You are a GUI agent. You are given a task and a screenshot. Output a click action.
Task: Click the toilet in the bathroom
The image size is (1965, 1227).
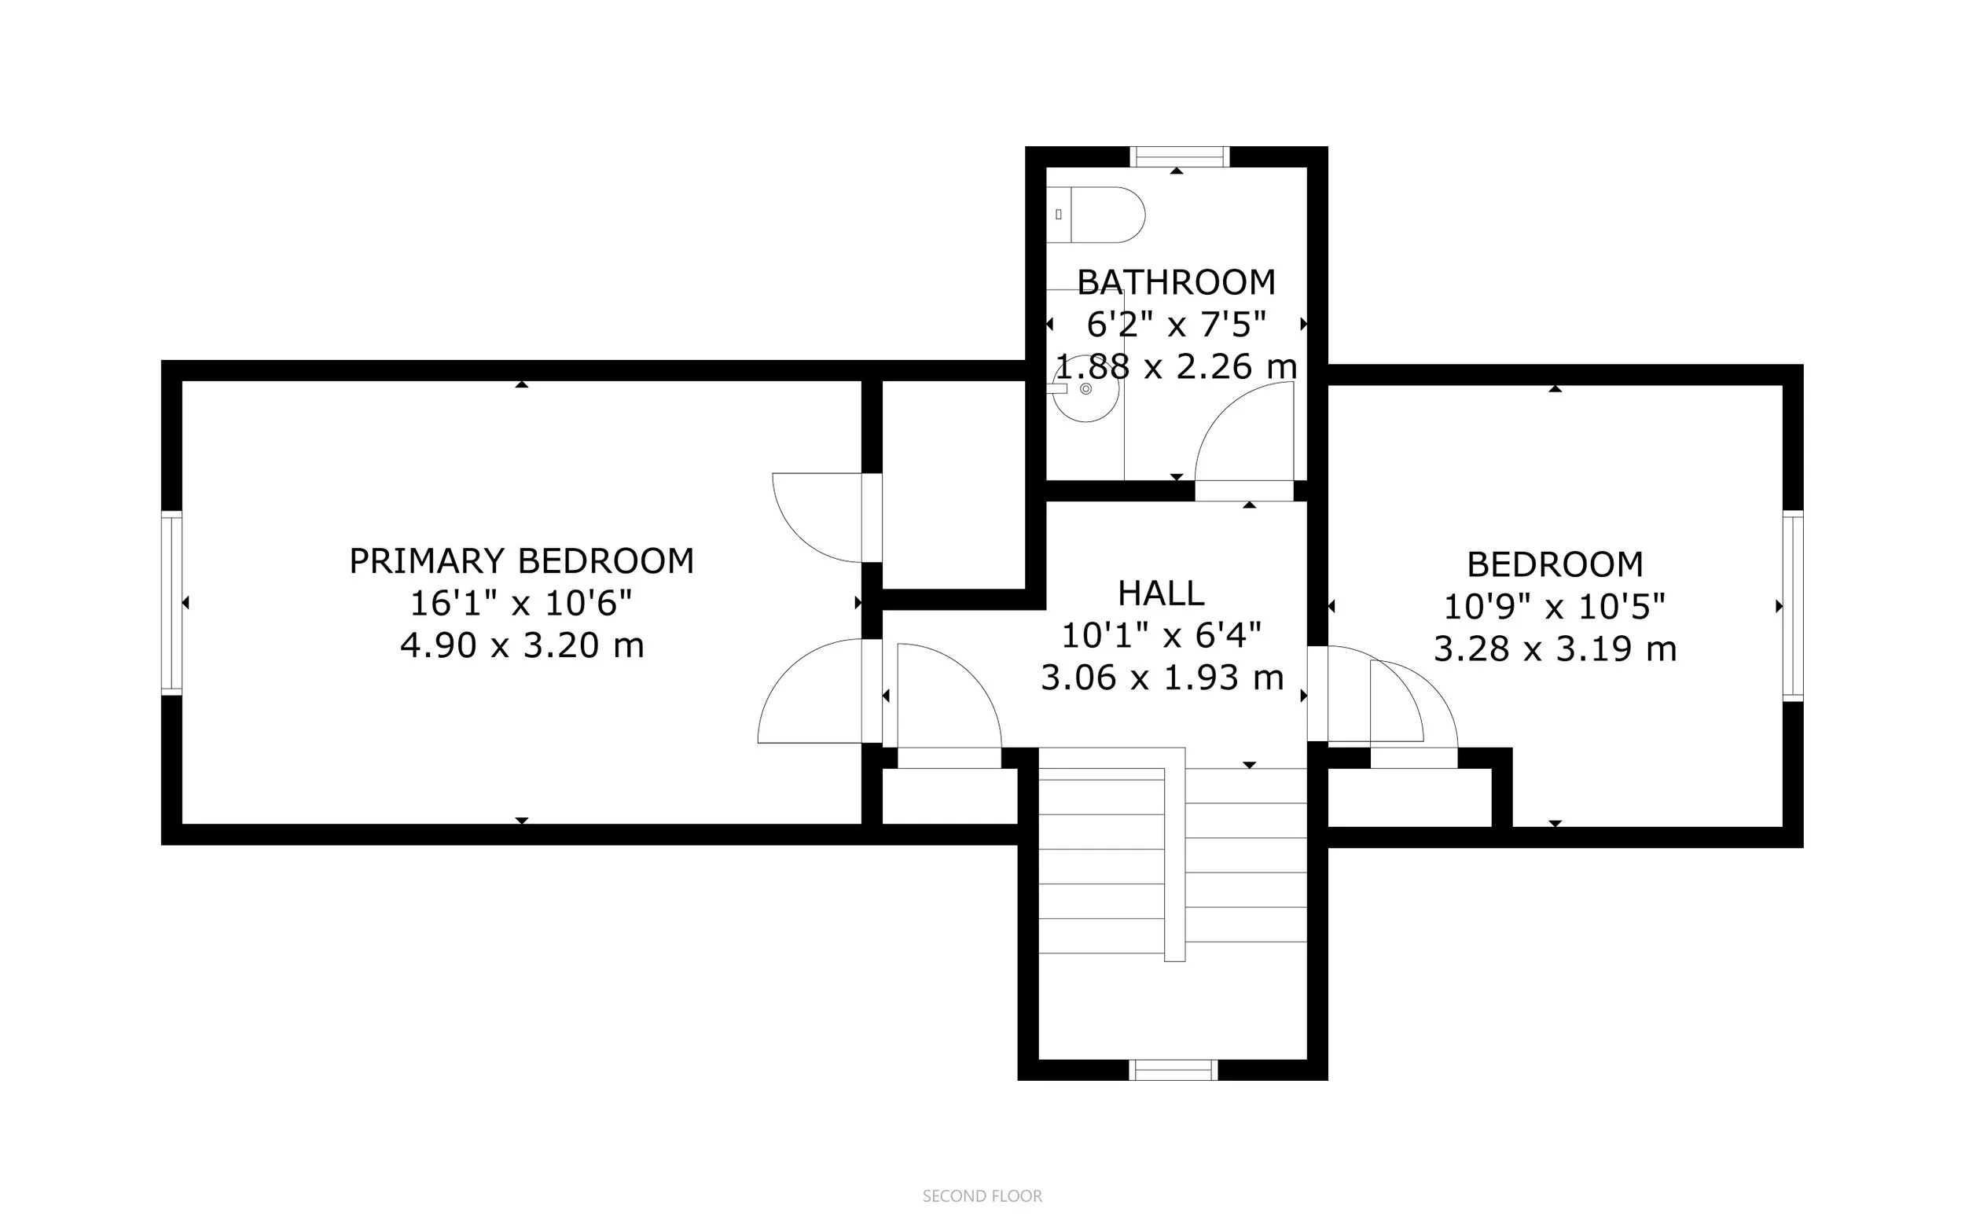(1095, 215)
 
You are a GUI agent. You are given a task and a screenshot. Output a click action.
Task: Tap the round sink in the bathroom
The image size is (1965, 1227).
(1085, 390)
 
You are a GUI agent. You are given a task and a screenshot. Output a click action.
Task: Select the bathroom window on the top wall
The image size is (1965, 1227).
(1180, 156)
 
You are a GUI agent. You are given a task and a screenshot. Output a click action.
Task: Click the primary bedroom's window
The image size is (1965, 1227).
(171, 603)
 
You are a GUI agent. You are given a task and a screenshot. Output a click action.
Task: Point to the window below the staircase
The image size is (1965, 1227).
(1174, 1070)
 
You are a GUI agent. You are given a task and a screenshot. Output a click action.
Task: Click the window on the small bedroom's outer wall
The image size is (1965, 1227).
(1792, 607)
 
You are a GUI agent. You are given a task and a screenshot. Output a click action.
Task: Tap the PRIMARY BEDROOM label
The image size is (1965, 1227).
(522, 560)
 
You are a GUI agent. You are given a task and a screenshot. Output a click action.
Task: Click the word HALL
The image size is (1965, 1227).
(1161, 593)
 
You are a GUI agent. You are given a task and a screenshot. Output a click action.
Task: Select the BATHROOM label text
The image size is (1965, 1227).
(1177, 282)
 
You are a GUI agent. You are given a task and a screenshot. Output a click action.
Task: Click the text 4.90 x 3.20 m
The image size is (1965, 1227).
(522, 646)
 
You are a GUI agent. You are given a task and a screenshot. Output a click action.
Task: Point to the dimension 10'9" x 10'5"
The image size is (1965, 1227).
(1555, 606)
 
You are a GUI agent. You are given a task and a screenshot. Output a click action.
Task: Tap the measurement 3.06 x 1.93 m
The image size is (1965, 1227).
(1162, 678)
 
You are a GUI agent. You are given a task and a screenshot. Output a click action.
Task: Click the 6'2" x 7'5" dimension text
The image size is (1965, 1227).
(1177, 325)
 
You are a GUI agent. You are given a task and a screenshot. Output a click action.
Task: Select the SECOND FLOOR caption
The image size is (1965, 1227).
(982, 1196)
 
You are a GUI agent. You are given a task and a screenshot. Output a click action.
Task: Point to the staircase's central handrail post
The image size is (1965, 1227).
(1175, 854)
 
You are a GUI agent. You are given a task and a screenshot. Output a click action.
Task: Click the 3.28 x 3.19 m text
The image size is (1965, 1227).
(1555, 649)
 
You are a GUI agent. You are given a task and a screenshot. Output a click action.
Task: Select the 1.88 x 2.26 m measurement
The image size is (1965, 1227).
(1177, 367)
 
